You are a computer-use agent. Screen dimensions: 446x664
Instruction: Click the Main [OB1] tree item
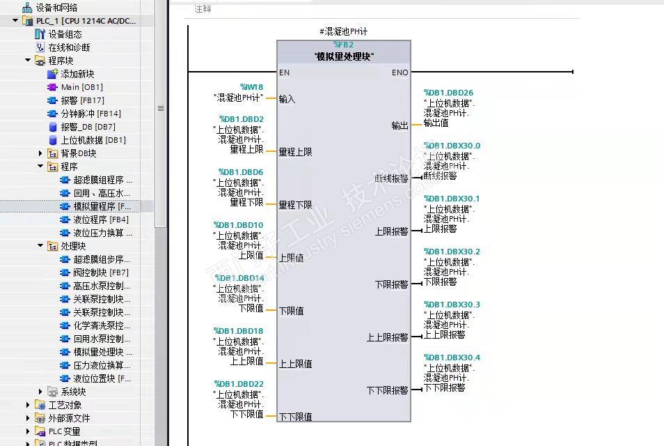[81, 87]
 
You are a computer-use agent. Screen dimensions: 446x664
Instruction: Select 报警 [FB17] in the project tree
[82, 100]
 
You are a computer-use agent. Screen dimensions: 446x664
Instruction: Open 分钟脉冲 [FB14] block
[90, 114]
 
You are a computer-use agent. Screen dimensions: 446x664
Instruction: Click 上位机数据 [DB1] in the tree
[93, 140]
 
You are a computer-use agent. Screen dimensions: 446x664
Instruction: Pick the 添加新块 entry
[77, 74]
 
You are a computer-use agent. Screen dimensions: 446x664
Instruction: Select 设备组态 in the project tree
[65, 34]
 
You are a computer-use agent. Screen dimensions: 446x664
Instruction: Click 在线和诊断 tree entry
[69, 47]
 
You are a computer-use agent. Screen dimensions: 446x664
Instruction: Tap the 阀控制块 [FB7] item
[100, 272]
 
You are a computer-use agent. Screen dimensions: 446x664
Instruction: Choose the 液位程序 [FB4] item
[100, 220]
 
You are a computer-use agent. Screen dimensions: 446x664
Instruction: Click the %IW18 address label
[251, 87]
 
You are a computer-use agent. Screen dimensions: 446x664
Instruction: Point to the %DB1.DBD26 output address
[448, 93]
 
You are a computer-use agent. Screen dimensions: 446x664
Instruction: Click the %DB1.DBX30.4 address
[452, 357]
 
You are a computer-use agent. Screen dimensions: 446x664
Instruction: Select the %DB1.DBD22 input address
[239, 384]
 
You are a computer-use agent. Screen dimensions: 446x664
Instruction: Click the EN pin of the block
[284, 72]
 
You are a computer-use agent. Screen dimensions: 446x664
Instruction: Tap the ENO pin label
[400, 72]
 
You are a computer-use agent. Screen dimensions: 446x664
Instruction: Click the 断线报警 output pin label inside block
[391, 178]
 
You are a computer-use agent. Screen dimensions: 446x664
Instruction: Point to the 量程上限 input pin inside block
[295, 152]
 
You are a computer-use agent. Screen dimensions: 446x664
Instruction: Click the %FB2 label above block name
[343, 45]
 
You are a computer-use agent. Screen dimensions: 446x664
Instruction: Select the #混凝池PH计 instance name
[343, 32]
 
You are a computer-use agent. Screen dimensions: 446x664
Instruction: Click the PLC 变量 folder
[64, 431]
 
